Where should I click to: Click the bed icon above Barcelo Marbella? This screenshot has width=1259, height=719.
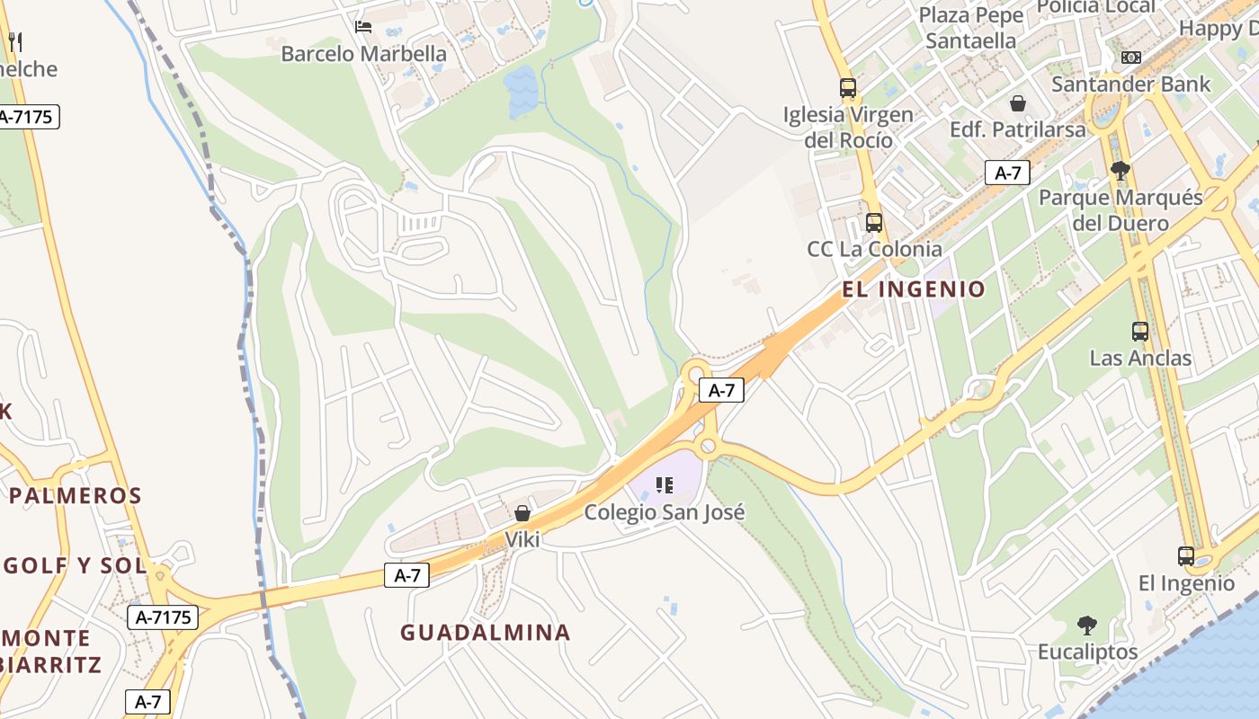[x=363, y=26]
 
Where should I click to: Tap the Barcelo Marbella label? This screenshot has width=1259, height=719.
[x=363, y=54]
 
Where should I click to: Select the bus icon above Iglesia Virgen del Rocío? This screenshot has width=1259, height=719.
[x=848, y=88]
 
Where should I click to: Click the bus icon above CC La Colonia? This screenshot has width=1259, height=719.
[x=873, y=223]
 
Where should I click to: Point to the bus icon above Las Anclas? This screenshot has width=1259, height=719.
[x=1140, y=332]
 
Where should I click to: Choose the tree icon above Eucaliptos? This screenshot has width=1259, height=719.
[x=1087, y=625]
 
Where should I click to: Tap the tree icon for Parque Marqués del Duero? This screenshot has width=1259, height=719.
[x=1121, y=170]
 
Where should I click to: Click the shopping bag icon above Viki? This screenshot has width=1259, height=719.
[x=522, y=513]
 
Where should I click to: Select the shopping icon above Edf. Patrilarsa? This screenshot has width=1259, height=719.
[x=1018, y=103]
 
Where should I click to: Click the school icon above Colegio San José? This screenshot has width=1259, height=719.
[x=665, y=486]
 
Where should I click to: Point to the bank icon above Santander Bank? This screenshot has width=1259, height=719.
[x=1130, y=58]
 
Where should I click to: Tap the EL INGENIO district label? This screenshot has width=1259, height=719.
[x=914, y=289]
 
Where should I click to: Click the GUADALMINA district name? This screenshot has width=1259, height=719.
[x=486, y=633]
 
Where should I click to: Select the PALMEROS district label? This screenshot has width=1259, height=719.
[x=76, y=495]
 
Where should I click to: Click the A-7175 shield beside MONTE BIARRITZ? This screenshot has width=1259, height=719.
[x=162, y=617]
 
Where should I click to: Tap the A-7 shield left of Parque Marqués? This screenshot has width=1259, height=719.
[x=1007, y=173]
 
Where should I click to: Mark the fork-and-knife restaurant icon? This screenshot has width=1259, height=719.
[x=14, y=41]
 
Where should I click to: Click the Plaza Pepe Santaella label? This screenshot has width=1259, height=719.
[x=971, y=28]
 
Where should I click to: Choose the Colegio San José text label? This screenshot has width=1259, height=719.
[x=665, y=512]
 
